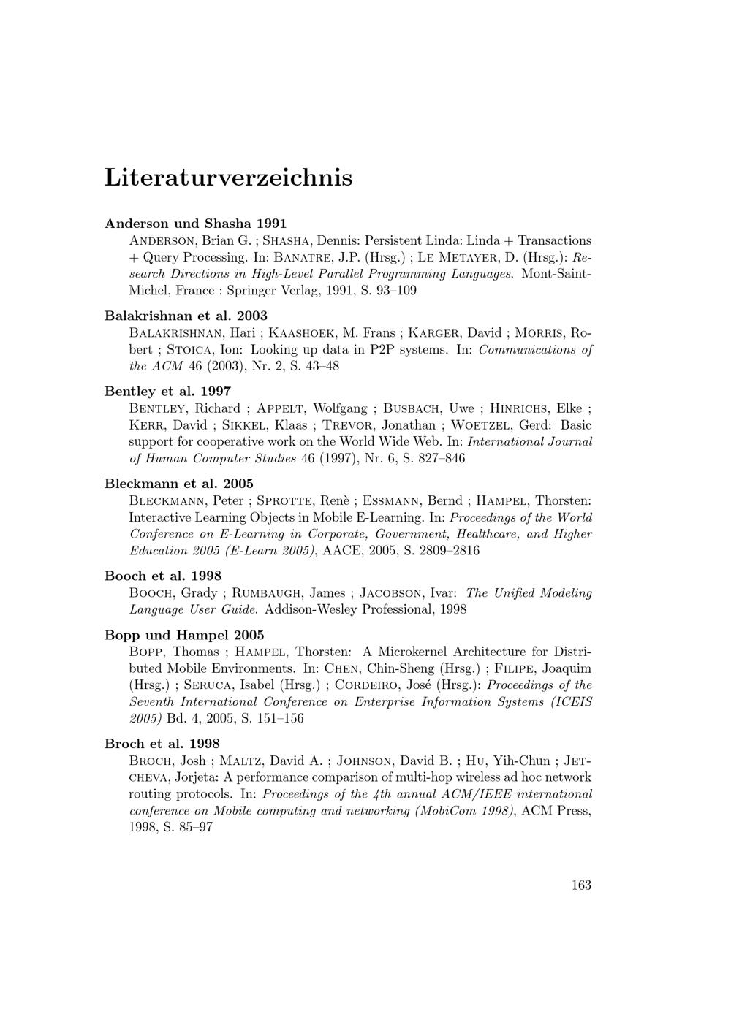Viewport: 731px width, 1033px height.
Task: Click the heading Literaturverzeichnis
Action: point(228,178)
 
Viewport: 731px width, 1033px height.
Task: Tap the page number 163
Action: point(581,885)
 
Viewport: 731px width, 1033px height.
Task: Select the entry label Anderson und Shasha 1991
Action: point(196,223)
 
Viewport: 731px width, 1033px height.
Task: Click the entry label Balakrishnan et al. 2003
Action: point(186,316)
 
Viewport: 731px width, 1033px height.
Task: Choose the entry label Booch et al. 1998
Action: point(163,576)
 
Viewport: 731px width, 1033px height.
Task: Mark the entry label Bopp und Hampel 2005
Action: point(184,635)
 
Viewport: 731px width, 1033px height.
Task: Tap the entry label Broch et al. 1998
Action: point(162,744)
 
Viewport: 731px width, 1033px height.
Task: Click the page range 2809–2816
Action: point(450,551)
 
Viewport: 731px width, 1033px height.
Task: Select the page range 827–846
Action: point(437,459)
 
